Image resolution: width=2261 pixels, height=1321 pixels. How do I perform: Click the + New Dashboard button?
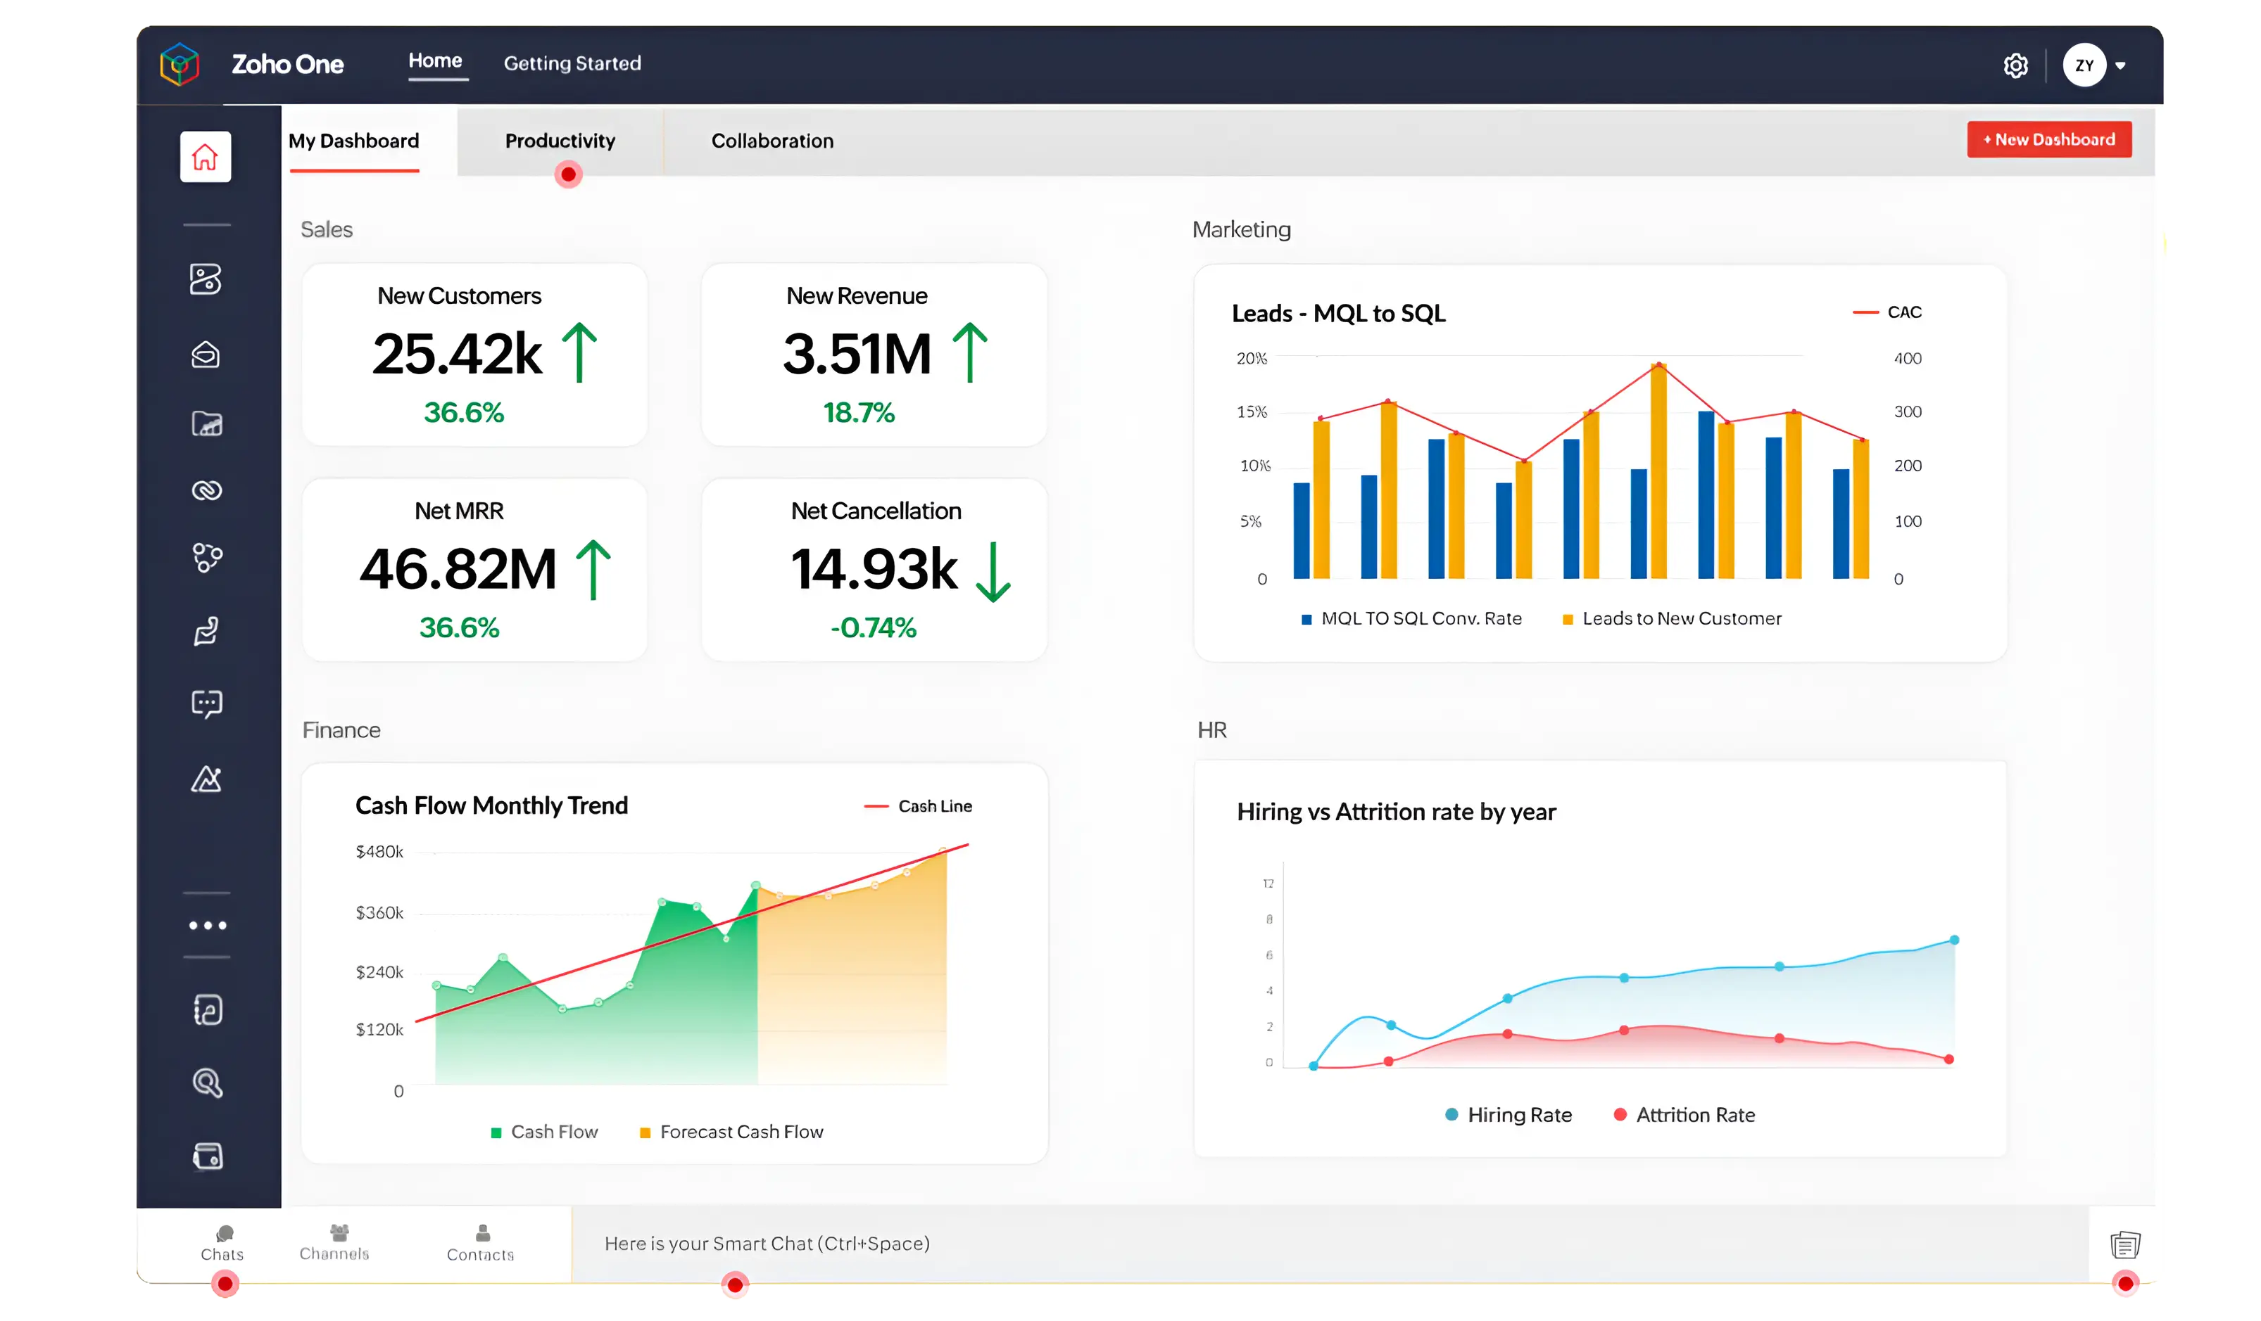click(2048, 139)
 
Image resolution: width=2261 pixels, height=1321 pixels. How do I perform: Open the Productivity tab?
click(560, 141)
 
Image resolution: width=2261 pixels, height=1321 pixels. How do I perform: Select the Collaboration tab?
click(771, 141)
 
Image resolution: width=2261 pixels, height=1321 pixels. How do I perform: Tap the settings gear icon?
click(2015, 65)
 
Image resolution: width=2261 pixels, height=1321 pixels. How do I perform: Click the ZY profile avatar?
click(2084, 65)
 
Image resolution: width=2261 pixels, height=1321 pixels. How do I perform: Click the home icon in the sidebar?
click(206, 157)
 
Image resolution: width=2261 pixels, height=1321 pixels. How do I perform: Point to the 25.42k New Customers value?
click(457, 353)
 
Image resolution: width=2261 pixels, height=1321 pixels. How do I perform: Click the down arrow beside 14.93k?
click(993, 571)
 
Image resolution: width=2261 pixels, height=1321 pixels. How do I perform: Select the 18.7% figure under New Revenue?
click(859, 412)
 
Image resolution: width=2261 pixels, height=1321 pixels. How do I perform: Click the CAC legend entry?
click(1889, 312)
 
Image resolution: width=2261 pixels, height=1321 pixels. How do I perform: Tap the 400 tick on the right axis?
click(1907, 359)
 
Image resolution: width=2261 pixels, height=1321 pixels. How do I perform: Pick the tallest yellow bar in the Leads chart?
click(1658, 471)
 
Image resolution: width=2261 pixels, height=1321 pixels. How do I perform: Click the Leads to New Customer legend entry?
click(1672, 619)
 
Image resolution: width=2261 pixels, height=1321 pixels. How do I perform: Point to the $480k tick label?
click(379, 851)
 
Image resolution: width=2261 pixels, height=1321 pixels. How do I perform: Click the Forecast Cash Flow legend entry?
click(731, 1132)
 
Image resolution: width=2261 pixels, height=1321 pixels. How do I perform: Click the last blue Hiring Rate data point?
click(1953, 940)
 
